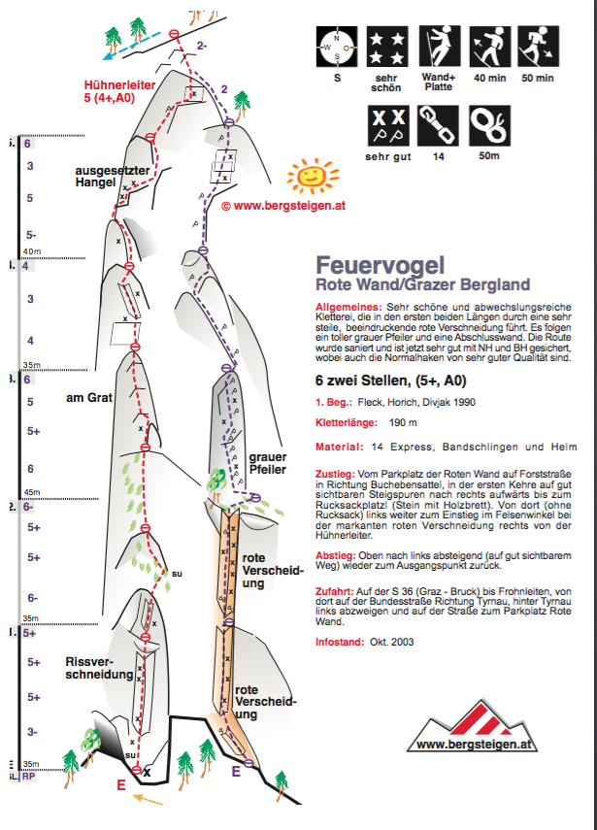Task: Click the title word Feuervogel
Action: click(381, 265)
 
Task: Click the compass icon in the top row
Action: click(337, 46)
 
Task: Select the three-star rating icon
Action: click(386, 46)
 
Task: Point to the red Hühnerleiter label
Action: click(120, 91)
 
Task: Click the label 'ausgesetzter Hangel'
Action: click(113, 178)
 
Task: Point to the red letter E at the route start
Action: click(120, 785)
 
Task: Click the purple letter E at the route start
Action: click(236, 772)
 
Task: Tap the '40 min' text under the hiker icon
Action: click(488, 78)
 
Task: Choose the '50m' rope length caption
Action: click(487, 155)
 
